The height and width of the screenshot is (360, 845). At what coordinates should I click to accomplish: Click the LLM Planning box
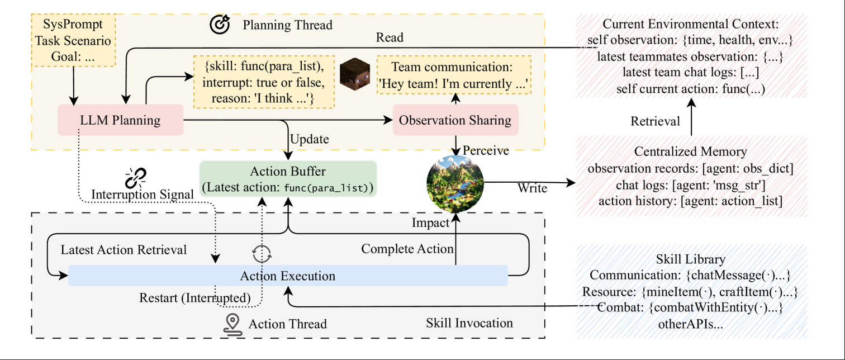(121, 120)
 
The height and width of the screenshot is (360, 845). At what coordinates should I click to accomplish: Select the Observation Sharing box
(455, 120)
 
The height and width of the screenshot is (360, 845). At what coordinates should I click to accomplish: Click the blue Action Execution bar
(288, 276)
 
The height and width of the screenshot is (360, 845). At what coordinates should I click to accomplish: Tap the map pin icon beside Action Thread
(232, 324)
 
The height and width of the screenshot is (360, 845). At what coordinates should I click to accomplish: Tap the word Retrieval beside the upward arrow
(655, 121)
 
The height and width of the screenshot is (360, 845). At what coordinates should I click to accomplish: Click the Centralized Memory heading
(692, 152)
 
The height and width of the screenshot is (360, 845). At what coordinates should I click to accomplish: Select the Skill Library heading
(692, 259)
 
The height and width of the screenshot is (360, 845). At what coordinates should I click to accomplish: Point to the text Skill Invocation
(469, 323)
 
